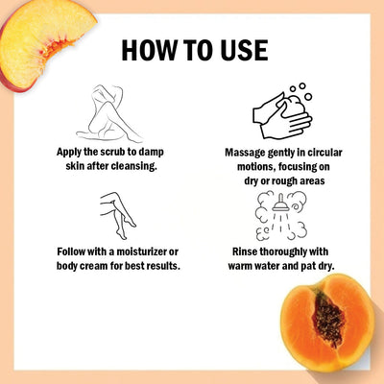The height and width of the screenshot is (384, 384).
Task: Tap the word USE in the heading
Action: click(x=239, y=50)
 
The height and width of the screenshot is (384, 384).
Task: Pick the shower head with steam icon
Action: click(x=281, y=215)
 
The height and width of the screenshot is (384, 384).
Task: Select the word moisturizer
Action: click(x=133, y=252)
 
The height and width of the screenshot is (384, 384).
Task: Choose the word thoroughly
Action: click(x=285, y=252)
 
